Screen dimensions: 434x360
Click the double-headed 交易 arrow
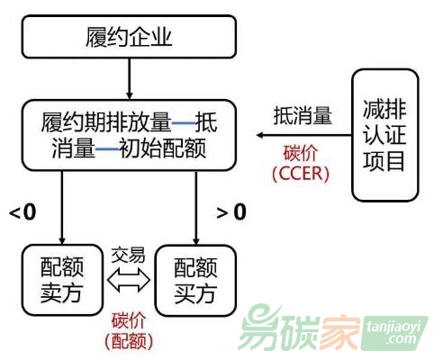pos(129,280)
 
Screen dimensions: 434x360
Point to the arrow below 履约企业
pos(129,78)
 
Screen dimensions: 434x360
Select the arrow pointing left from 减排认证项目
pos(304,135)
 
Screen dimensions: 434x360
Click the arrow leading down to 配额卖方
pos(62,208)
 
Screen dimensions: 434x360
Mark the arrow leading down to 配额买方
pos(196,208)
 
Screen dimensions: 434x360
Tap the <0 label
pos(23,212)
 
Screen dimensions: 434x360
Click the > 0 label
pos(231,212)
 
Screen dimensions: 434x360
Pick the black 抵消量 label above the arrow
pos(303,115)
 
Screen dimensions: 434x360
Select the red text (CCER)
pos(301,174)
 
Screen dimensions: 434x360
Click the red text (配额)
pos(129,340)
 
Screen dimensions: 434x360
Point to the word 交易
pos(128,256)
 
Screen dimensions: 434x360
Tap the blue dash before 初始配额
pos(107,148)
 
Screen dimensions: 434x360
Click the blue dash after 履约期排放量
pos(184,123)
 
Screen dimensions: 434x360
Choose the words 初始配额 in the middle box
pos(163,148)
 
